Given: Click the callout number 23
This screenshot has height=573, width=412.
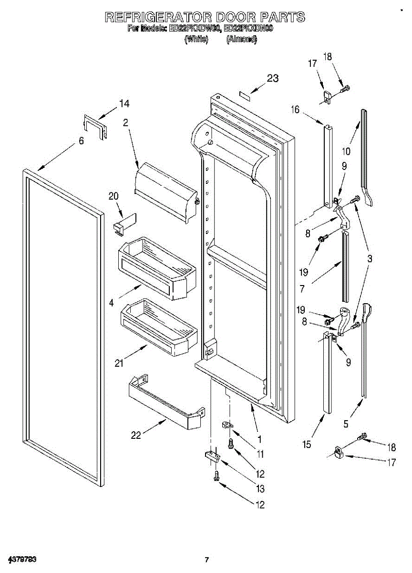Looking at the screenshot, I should click(x=272, y=79).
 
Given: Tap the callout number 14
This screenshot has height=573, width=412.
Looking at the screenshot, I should click(x=124, y=103).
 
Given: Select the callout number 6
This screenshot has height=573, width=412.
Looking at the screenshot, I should click(x=81, y=141).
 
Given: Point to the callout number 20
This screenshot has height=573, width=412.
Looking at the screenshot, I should click(x=113, y=196).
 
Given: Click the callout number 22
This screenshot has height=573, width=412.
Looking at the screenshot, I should click(x=136, y=435).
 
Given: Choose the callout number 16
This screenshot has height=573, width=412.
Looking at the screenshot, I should click(x=296, y=110).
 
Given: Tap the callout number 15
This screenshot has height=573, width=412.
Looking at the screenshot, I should click(x=307, y=444).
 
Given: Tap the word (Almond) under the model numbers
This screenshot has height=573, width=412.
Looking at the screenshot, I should click(x=241, y=40).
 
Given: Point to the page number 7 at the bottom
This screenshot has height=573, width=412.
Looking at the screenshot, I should click(x=206, y=560).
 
